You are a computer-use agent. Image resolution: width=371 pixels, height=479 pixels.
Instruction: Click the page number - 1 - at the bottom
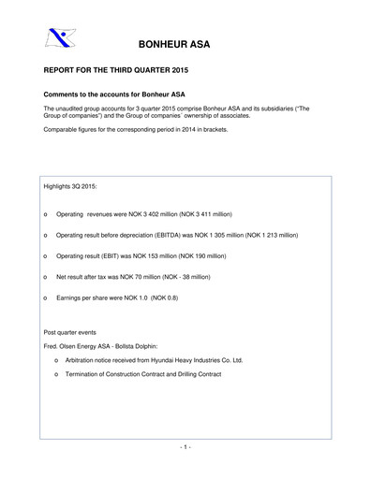tap(185, 446)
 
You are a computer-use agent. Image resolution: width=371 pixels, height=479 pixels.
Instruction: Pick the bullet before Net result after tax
tap(46, 276)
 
